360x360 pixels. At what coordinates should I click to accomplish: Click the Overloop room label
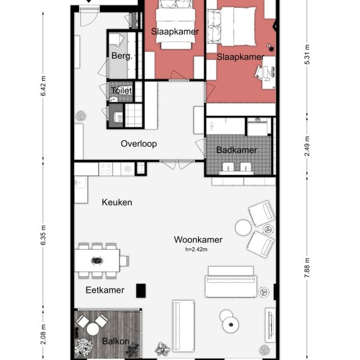pos(139,143)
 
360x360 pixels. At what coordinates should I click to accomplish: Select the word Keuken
pos(117,202)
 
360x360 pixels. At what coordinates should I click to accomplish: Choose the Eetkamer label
pos(104,290)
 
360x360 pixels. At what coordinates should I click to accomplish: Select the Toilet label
pos(121,91)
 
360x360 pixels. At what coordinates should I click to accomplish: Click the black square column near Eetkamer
pos(141,290)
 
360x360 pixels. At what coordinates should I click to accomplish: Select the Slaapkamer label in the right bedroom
pos(239,56)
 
